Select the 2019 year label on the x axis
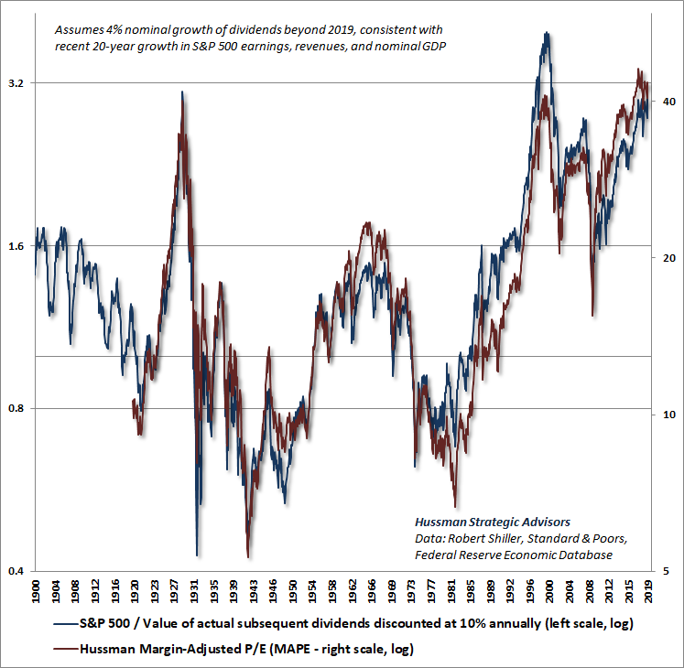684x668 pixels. pyautogui.click(x=649, y=592)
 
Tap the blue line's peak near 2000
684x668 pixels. pyautogui.click(x=547, y=33)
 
